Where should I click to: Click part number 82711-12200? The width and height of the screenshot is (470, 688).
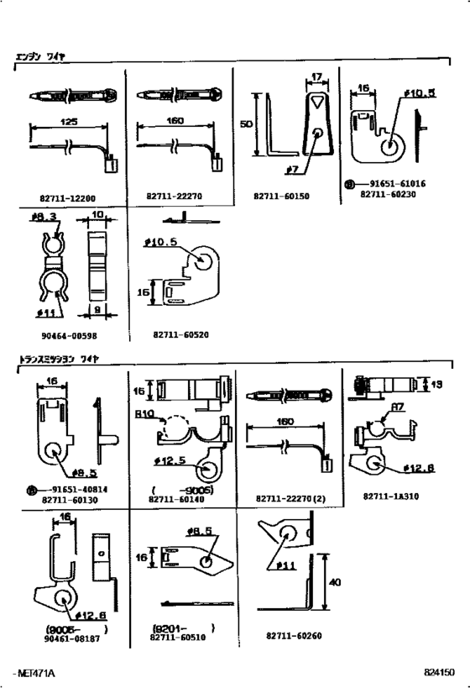click(67, 197)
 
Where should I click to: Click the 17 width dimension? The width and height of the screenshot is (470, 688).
click(317, 78)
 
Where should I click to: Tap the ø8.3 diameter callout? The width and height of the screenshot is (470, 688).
click(42, 218)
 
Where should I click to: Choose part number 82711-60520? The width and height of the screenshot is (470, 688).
click(180, 334)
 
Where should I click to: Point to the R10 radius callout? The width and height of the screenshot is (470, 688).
click(144, 414)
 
